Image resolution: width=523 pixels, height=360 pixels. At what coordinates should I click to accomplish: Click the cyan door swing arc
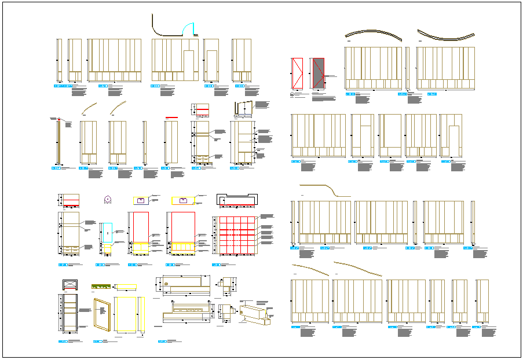tap(189, 27)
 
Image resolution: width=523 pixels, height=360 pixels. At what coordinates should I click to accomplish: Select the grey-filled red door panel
tap(317, 73)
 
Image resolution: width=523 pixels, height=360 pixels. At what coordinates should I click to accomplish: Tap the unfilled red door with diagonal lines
tap(297, 73)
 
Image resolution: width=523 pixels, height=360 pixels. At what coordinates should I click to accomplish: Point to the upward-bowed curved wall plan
tap(374, 33)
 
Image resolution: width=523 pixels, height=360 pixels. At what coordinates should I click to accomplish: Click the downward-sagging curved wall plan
tap(445, 36)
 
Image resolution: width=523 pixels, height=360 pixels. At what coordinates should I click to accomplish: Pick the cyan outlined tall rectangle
tap(105, 232)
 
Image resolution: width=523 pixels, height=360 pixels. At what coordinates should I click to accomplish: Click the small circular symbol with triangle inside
tap(107, 200)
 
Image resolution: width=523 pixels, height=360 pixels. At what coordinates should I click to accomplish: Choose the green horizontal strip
tap(102, 285)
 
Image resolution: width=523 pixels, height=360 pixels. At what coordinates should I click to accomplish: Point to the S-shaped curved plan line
tap(324, 189)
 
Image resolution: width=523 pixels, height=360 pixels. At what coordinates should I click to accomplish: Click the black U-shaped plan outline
tap(236, 199)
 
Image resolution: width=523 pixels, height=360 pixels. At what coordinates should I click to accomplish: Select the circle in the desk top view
tap(166, 284)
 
